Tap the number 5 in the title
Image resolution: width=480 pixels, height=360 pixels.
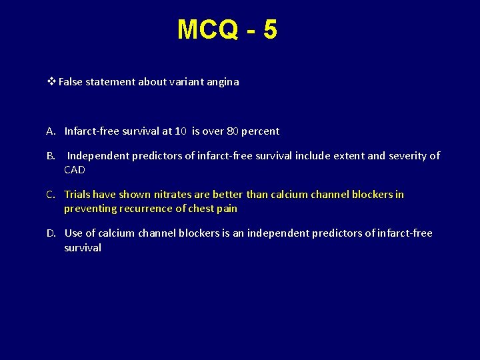pyautogui.click(x=270, y=30)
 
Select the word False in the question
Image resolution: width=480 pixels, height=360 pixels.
pyautogui.click(x=71, y=82)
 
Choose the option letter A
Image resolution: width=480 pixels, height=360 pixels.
pyautogui.click(x=51, y=131)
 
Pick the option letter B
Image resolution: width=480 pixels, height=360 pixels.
pyautogui.click(x=51, y=156)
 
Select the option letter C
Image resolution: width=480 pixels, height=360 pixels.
pyautogui.click(x=51, y=195)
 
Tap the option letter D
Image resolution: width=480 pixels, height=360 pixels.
pyautogui.click(x=51, y=233)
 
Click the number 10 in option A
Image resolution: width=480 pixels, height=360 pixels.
pyautogui.click(x=181, y=131)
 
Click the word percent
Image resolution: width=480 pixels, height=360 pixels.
pyautogui.click(x=261, y=131)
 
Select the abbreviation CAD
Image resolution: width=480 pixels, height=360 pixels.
pyautogui.click(x=75, y=170)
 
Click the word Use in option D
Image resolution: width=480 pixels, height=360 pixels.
pyautogui.click(x=73, y=233)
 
